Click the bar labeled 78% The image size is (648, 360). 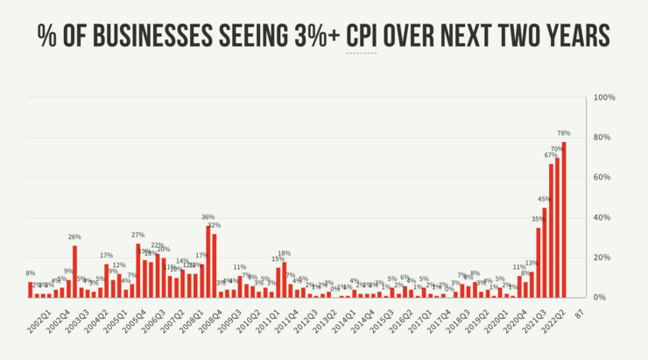[564, 219]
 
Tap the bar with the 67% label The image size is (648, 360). [551, 230]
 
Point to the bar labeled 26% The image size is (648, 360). [74, 271]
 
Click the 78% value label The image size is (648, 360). [564, 134]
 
